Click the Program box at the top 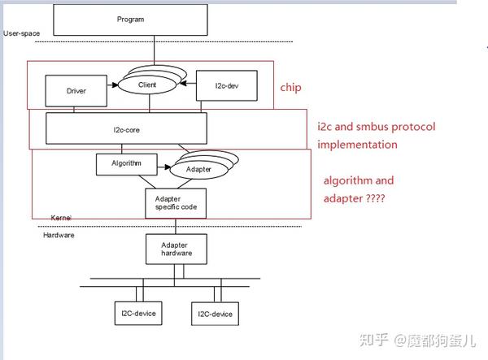click(130, 20)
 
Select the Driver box click(76, 91)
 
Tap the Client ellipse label click(147, 85)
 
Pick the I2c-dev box click(227, 85)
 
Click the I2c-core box click(126, 128)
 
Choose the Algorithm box click(127, 164)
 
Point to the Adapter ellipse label click(198, 169)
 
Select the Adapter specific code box click(176, 203)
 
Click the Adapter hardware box click(176, 249)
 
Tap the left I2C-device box click(138, 314)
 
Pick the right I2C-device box click(215, 314)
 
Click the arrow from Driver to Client click(113, 85)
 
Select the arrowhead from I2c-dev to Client click(183, 84)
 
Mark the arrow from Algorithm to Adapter click(164, 167)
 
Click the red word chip click(290, 88)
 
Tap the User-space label click(22, 33)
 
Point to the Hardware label click(59, 235)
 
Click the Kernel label click(61, 218)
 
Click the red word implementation click(357, 145)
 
